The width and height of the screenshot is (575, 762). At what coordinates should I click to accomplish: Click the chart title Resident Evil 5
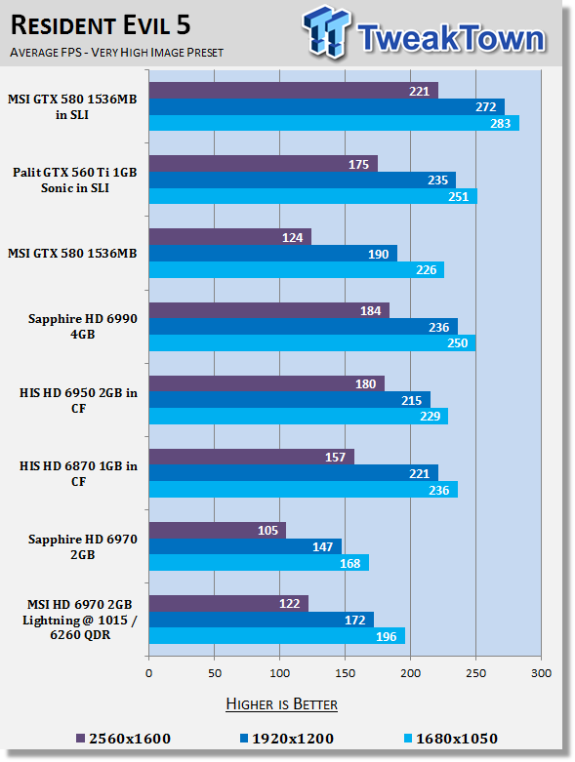click(101, 25)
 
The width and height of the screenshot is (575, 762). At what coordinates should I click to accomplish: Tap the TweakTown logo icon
click(326, 32)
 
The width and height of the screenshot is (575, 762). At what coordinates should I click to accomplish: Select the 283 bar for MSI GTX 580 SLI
click(334, 123)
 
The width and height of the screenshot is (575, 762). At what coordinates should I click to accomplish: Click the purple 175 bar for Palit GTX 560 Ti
click(264, 164)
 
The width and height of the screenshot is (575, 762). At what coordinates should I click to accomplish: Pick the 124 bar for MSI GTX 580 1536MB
click(230, 237)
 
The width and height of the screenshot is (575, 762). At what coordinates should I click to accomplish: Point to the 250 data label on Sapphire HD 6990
click(458, 343)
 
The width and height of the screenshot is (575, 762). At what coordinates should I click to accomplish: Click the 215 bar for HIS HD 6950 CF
click(290, 400)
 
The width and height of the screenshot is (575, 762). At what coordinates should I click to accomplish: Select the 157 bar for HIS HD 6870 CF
click(252, 457)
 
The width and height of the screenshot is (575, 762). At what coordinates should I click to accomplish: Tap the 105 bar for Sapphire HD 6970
click(218, 530)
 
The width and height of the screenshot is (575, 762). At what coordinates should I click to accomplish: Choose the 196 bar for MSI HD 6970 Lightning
click(277, 636)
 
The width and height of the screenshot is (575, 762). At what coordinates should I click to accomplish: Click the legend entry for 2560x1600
click(124, 739)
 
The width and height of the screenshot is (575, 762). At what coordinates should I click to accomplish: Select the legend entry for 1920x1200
click(287, 739)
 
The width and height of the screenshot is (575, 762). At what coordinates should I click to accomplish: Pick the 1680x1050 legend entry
click(451, 739)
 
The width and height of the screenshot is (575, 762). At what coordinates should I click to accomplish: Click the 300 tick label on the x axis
click(541, 673)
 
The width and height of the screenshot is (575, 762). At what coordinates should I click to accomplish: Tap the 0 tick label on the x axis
click(148, 673)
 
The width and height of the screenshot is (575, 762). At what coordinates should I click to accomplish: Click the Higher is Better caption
click(282, 704)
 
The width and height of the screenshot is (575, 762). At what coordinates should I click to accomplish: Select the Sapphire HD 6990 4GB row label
click(83, 326)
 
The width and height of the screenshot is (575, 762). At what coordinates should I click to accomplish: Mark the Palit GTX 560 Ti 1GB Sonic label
click(75, 180)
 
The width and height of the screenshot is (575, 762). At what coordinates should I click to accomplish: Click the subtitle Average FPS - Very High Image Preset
click(116, 52)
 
